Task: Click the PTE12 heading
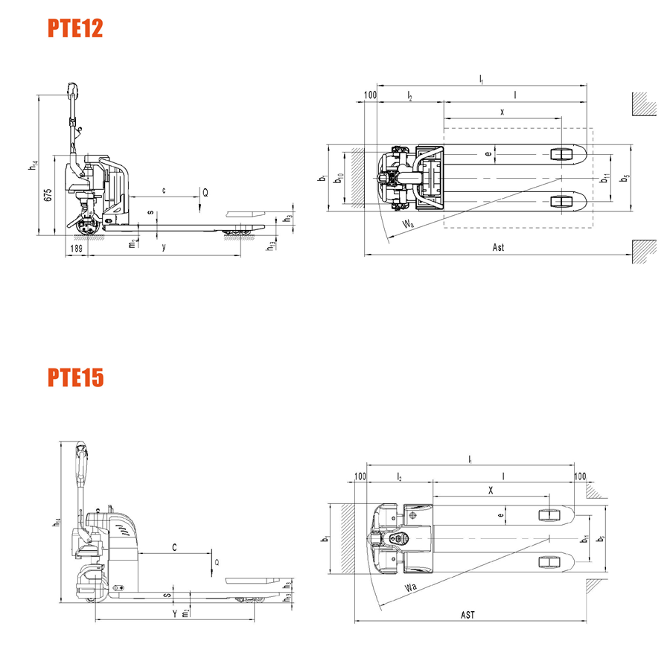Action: click(x=74, y=28)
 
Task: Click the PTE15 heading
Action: click(x=76, y=378)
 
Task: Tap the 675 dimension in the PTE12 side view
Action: click(x=47, y=195)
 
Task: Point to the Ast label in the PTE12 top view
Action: click(x=498, y=247)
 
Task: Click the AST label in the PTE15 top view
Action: click(x=468, y=615)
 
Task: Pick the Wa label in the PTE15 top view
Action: click(x=410, y=590)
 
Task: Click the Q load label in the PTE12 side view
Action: click(x=205, y=192)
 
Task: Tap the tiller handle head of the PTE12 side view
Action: click(x=72, y=90)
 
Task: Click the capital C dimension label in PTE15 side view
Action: click(x=174, y=548)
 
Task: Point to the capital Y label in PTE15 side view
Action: click(x=174, y=614)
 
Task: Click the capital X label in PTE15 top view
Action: click(x=491, y=491)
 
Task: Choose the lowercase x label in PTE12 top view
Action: click(x=502, y=112)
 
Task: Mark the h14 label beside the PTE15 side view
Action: click(x=54, y=523)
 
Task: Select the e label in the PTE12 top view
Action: click(x=488, y=154)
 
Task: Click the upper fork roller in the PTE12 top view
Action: click(x=561, y=154)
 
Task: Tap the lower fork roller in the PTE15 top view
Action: click(x=549, y=560)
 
